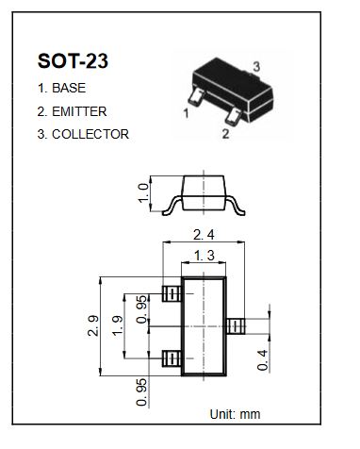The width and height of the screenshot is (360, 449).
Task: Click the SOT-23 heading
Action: point(73,60)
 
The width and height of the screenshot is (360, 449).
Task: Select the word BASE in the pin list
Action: point(69,88)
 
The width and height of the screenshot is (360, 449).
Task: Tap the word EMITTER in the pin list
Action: point(79,111)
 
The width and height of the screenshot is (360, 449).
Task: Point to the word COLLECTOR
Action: point(90,134)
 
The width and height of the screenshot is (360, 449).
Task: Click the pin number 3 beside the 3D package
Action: point(256,67)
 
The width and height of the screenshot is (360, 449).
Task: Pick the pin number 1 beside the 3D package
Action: point(186,113)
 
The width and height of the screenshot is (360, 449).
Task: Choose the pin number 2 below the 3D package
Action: point(225,134)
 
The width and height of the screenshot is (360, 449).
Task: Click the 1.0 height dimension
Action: point(143,193)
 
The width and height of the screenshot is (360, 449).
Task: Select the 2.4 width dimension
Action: point(204,235)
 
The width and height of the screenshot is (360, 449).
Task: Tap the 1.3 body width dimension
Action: point(205,256)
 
